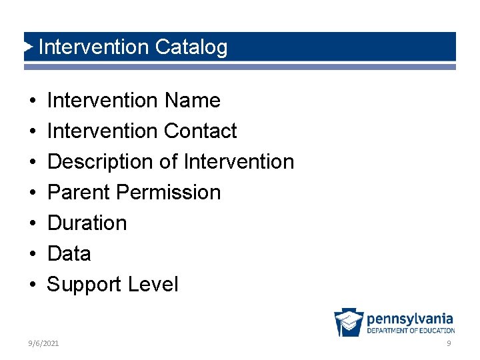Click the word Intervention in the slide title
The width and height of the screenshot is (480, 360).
(93, 47)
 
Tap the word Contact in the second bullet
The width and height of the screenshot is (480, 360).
(200, 131)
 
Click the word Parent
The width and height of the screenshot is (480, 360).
(79, 193)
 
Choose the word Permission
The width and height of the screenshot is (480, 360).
(168, 193)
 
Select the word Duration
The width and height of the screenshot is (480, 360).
(87, 223)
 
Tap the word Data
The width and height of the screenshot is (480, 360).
(69, 254)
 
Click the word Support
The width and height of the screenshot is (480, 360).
(85, 285)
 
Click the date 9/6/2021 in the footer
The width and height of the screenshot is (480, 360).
(43, 343)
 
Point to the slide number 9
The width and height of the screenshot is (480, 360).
(449, 343)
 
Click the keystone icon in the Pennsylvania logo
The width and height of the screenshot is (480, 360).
(349, 323)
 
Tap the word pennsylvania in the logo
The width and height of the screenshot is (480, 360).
(409, 319)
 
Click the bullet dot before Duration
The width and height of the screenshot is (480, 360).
(32, 223)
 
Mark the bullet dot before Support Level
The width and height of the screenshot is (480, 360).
(32, 285)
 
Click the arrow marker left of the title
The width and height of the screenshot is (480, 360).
(28, 47)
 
